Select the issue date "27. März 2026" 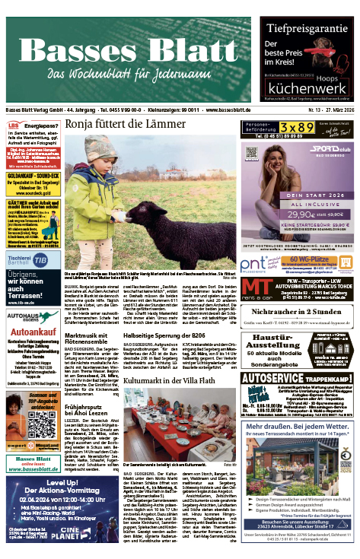click(x=336, y=110)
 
